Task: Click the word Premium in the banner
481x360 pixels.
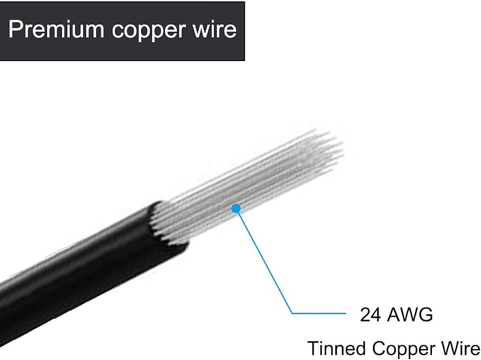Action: point(56,29)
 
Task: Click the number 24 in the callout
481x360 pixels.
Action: point(371,315)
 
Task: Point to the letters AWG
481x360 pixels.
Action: point(410,315)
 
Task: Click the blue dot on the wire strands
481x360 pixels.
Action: point(236,209)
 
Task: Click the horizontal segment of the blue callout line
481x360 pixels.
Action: point(319,313)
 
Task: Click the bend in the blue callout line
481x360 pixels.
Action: point(292,313)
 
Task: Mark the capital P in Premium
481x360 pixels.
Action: point(15,29)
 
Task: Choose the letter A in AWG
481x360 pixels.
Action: point(394,315)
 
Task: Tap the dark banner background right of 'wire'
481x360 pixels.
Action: point(241,31)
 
